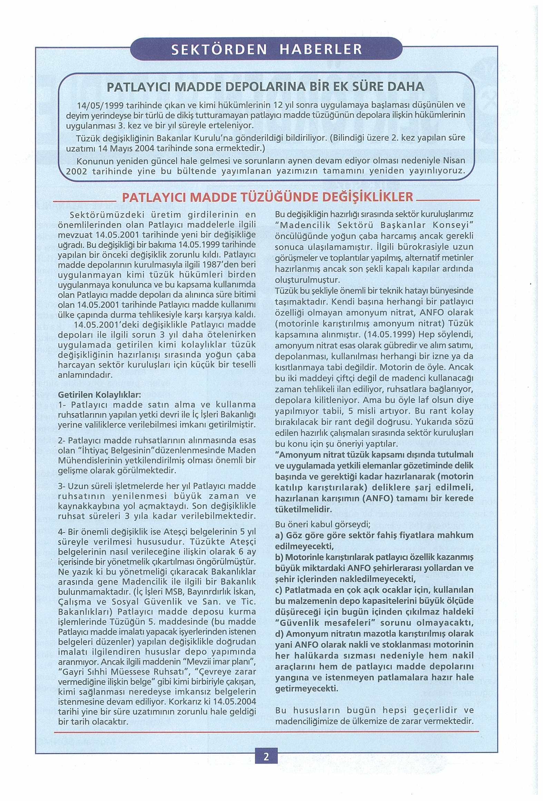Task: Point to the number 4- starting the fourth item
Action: (x=62, y=541)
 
